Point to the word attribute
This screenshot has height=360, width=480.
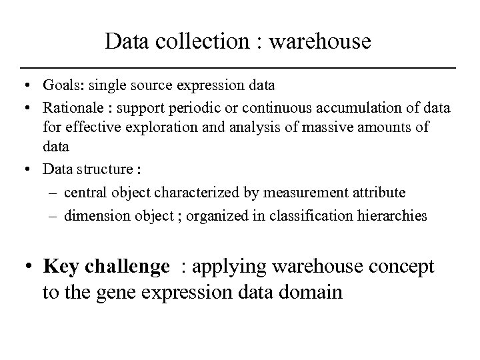376,192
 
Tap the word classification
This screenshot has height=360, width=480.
310,217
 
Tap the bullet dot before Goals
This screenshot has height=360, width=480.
25,86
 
